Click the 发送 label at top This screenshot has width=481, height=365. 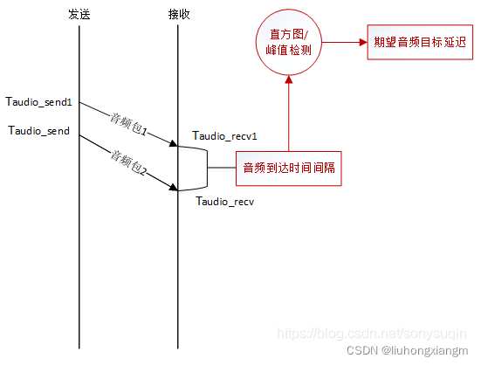tap(79, 14)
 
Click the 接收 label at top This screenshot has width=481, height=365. tap(178, 14)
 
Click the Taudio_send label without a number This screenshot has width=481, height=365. tap(39, 131)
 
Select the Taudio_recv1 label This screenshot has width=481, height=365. tap(225, 136)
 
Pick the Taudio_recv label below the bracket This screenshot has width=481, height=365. tap(224, 202)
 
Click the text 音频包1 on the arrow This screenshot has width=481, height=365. tap(127, 124)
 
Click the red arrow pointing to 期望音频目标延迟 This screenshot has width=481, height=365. tap(345, 43)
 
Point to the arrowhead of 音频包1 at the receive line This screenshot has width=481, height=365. tap(174, 143)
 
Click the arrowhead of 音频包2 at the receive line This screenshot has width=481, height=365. tap(174, 188)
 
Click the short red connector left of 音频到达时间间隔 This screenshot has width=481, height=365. tap(222, 168)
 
